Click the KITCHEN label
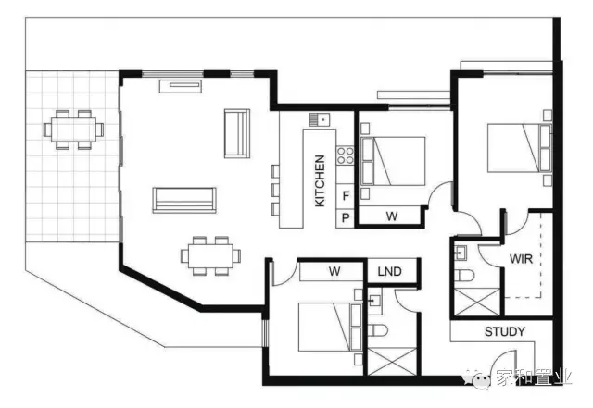tap(320, 181)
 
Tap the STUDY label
tap(505, 332)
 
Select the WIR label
tap(521, 259)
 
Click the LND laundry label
tap(389, 271)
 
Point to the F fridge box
tap(346, 196)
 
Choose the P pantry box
tap(346, 218)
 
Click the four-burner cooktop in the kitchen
tap(346, 155)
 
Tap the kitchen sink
tap(320, 119)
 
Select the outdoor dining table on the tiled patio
tap(73, 130)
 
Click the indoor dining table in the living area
tap(210, 255)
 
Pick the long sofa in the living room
tap(184, 200)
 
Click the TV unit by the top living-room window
tap(181, 86)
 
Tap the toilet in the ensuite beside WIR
tap(464, 276)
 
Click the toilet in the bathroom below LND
tap(378, 331)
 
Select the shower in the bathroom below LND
tap(392, 362)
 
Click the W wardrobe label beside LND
tap(334, 271)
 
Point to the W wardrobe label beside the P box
tap(392, 216)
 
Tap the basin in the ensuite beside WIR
tap(461, 253)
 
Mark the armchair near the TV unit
tap(237, 133)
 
